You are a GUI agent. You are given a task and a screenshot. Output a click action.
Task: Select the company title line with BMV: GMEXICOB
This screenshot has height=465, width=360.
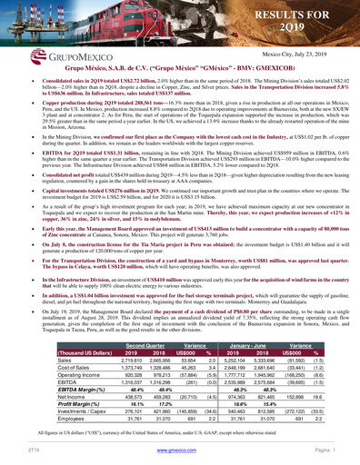click(181, 66)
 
